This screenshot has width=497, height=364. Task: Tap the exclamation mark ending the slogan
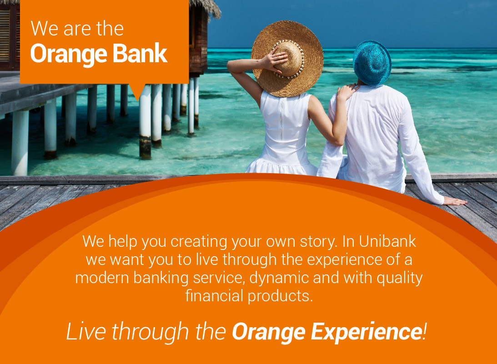click(x=425, y=331)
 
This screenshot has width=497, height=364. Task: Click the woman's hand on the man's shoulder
click(x=346, y=92)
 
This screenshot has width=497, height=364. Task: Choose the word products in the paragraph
click(x=281, y=295)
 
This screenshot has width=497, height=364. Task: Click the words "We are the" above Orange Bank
click(x=77, y=29)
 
